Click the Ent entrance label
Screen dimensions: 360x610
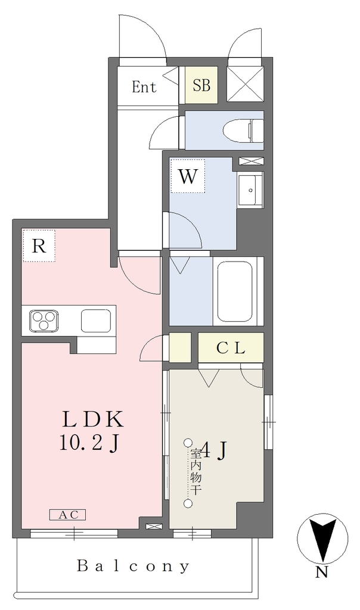coord(144,86)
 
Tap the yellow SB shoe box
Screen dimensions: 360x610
coord(201,85)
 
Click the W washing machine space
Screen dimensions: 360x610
coord(188,176)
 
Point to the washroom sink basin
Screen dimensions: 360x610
coord(250,188)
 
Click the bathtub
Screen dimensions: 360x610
coord(235,291)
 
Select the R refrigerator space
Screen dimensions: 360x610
coord(39,245)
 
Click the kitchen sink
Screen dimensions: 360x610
coord(96,320)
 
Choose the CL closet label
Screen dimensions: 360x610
coord(231,348)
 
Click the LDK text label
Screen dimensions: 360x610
coord(93,420)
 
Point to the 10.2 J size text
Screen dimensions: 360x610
coord(89,443)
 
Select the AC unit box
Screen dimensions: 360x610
coord(67,515)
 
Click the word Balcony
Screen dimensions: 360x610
coord(133,566)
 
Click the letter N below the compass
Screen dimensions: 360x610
coord(321,572)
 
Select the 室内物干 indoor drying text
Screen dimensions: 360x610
coord(195,472)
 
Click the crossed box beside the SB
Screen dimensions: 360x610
coord(245,84)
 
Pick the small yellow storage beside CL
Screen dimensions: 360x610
coord(179,347)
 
